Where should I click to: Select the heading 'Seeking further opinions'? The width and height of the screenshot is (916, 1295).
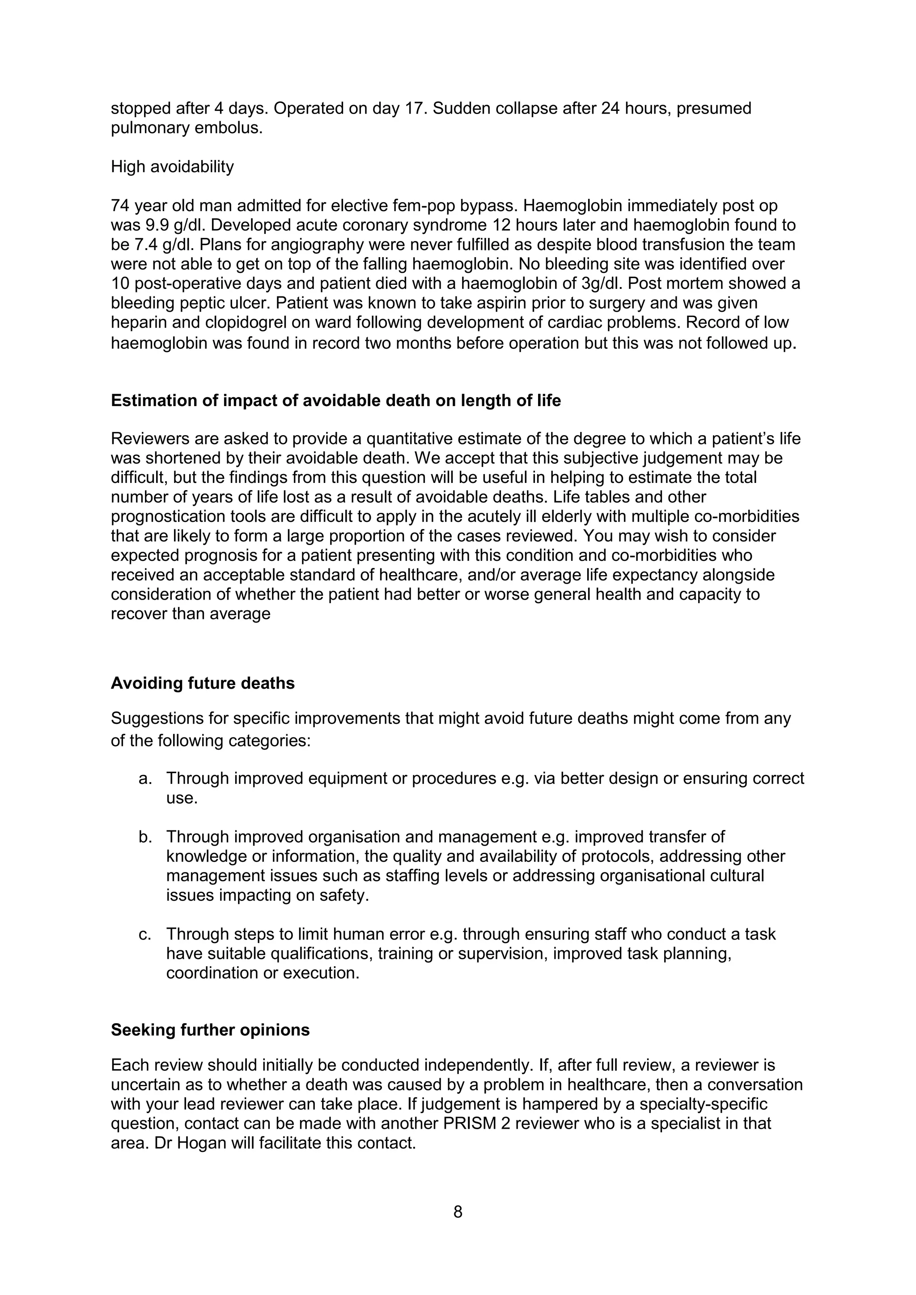210,1030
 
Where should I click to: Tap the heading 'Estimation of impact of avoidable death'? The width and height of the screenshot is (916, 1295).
335,401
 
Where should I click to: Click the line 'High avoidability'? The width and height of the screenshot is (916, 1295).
172,166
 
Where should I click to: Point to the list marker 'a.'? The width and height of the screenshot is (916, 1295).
145,779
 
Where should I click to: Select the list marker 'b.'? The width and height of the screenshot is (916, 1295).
145,837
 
